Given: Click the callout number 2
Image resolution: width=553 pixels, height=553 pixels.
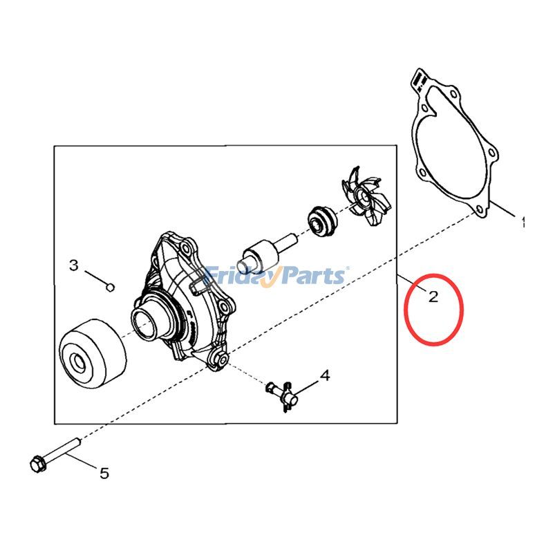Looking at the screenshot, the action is [433, 297].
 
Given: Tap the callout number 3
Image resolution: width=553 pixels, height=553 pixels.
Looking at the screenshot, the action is [73, 265].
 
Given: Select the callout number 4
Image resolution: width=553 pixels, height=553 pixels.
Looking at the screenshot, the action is [325, 375].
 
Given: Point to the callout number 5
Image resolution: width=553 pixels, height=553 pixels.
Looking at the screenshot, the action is [104, 473].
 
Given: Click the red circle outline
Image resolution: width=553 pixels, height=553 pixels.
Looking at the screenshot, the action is [405, 310].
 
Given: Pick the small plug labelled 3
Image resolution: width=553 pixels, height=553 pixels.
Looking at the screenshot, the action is [110, 288].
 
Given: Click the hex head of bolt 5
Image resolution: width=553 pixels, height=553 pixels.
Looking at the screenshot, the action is [38, 464].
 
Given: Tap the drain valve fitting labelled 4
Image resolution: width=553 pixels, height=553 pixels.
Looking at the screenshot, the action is [283, 395].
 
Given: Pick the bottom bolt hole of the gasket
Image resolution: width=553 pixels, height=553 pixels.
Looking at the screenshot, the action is [478, 210].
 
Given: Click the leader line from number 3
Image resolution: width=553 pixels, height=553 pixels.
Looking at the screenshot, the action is [96, 278].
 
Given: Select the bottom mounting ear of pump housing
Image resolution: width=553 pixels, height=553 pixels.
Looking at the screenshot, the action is [219, 359].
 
